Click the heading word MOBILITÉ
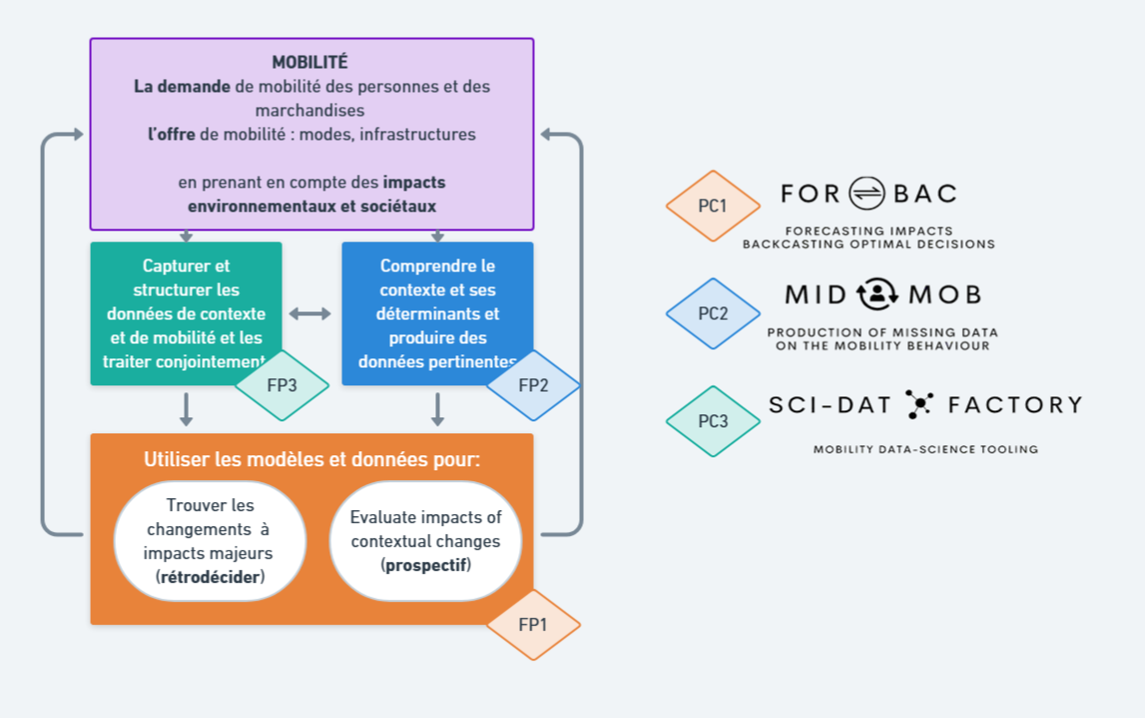point(310,63)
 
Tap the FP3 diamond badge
point(282,385)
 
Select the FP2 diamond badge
point(533,385)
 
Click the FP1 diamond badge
point(533,625)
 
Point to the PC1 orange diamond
point(713,207)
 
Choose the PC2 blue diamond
point(713,314)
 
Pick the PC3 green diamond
point(713,421)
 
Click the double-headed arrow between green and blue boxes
point(310,314)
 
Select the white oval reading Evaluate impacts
point(425,541)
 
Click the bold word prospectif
point(426,566)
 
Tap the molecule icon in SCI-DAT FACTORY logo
point(918,404)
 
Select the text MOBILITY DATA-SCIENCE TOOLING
point(925,449)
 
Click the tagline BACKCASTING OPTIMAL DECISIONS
point(868,244)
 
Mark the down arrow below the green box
point(186,408)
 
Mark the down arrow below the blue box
point(437,408)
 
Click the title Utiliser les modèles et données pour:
point(311,460)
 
